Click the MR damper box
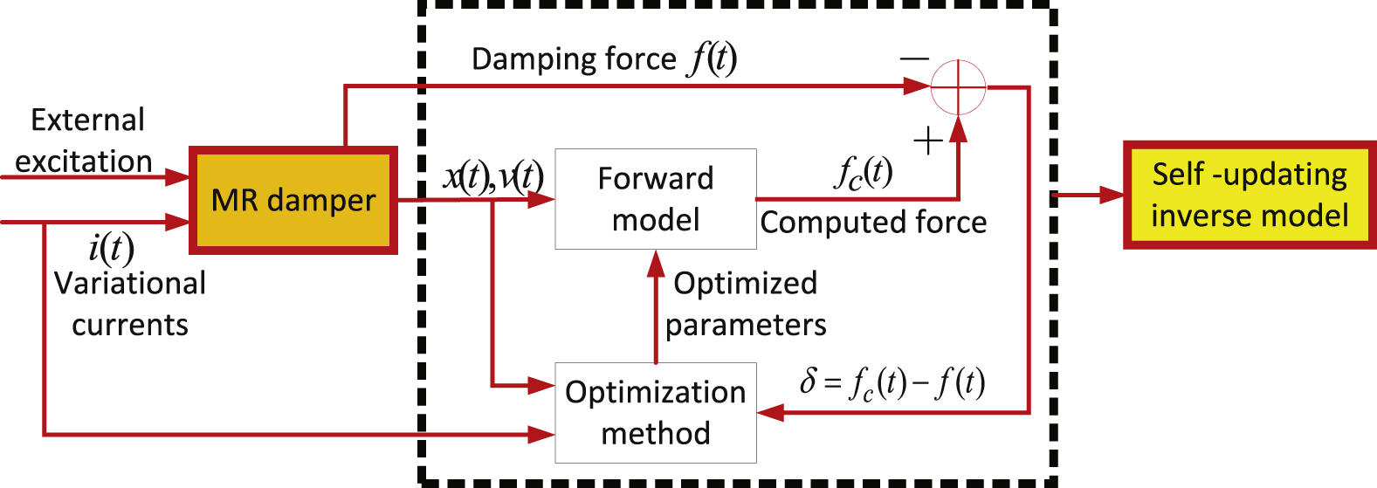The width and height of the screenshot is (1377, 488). (x=293, y=200)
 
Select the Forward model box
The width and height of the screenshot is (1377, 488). (x=656, y=198)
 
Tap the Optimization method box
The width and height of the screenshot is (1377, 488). (x=656, y=412)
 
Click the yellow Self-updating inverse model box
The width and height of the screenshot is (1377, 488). (x=1250, y=195)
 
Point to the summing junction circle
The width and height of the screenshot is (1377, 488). (x=958, y=86)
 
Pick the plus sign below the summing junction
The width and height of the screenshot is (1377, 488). (x=927, y=140)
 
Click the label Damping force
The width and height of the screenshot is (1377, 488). (x=574, y=59)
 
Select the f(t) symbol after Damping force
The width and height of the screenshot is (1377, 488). (x=713, y=59)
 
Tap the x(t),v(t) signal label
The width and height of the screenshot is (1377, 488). (x=493, y=177)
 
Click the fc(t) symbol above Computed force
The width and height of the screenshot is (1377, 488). (x=863, y=173)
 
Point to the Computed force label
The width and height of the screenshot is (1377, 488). (x=873, y=223)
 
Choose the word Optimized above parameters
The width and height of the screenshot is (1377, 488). (x=745, y=283)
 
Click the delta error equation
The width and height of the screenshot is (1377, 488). (x=892, y=382)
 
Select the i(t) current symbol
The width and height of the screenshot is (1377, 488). (x=111, y=248)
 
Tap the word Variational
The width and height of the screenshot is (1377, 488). (x=130, y=284)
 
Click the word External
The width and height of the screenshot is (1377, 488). (x=87, y=120)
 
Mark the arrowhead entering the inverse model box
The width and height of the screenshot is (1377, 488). (x=1112, y=195)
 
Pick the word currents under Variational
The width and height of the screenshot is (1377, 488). (x=130, y=325)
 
